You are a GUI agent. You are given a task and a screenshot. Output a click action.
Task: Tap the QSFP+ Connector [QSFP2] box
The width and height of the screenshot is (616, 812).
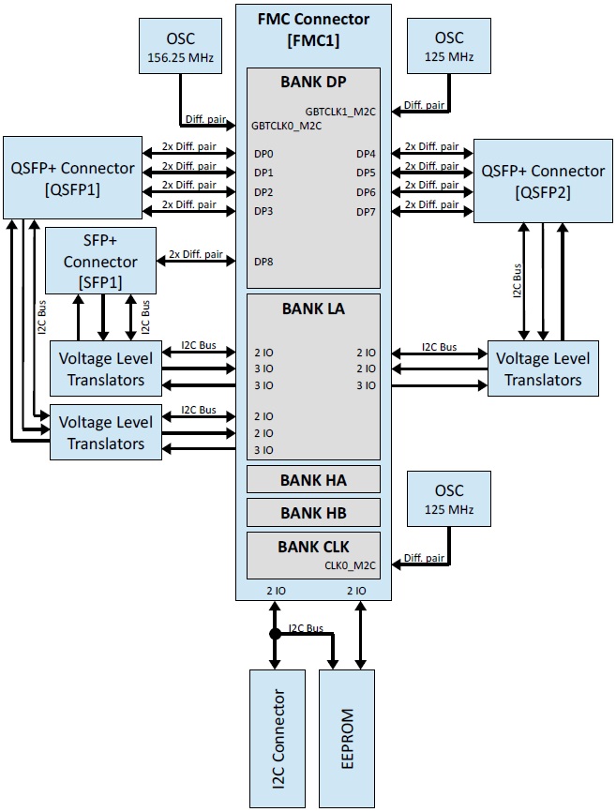[543, 180]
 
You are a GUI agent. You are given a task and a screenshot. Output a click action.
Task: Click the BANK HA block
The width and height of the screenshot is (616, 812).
[313, 480]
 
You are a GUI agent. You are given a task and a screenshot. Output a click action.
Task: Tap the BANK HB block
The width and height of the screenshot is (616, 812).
[313, 513]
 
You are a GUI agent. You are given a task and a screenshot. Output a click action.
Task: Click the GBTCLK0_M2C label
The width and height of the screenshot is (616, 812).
[287, 125]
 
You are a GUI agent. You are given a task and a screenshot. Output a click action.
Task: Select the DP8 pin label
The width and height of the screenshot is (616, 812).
[263, 262]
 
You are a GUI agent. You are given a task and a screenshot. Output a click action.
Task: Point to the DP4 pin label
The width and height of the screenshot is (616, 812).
[366, 154]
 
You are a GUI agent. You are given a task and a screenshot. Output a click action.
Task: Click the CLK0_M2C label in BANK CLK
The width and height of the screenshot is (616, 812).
[351, 565]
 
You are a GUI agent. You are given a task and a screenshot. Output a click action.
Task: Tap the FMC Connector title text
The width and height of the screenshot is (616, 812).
[313, 19]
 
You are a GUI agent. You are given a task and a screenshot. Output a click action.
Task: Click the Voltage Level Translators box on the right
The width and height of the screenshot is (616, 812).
[543, 368]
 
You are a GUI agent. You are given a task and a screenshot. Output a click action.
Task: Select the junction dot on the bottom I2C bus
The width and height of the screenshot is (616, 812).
[275, 635]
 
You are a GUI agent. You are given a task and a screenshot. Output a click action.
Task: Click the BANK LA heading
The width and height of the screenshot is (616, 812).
[313, 308]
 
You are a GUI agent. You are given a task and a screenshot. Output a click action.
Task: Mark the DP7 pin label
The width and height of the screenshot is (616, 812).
[366, 211]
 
